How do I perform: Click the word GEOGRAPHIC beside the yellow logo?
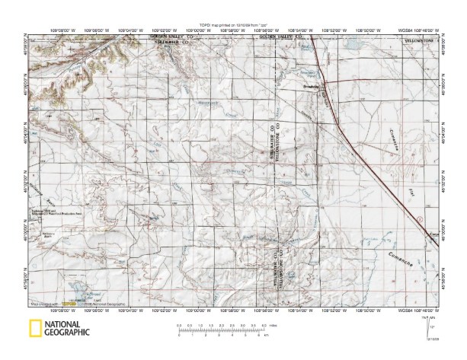click(67, 333)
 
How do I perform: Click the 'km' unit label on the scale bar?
click(272, 336)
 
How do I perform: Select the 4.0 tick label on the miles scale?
click(263, 326)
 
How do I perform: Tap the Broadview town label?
click(307, 86)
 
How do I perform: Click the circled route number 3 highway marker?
click(418, 219)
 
